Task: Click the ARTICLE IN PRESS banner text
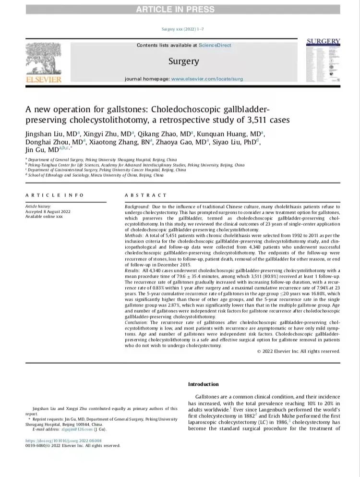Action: coord(180,9)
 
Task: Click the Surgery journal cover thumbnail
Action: coord(323,61)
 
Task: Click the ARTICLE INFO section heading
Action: coord(54,195)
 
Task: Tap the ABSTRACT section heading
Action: coord(145,195)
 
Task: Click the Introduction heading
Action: coord(203,384)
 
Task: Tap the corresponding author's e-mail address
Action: coord(71,429)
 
